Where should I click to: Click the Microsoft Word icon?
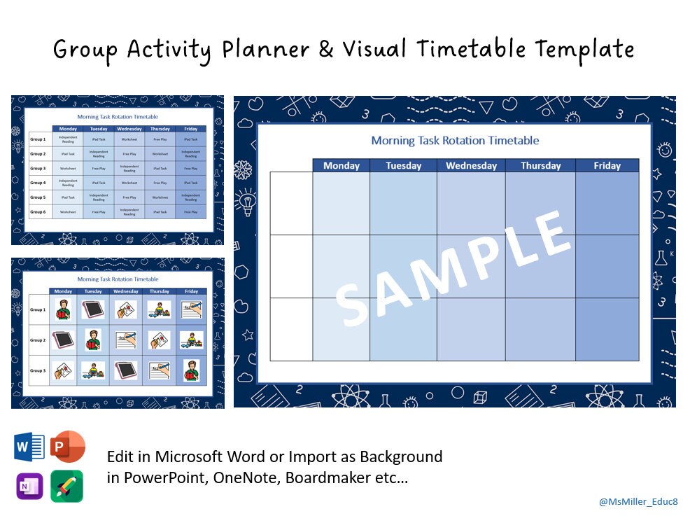click(29, 447)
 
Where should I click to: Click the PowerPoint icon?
click(67, 447)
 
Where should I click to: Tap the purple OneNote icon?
click(29, 485)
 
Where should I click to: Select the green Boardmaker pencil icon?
click(66, 485)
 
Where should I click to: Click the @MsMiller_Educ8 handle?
click(638, 502)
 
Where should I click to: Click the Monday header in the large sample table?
click(341, 166)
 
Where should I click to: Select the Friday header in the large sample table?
click(607, 166)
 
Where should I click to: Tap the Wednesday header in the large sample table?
click(471, 166)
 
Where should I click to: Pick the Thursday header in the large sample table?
click(540, 166)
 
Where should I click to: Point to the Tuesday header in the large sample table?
click(404, 166)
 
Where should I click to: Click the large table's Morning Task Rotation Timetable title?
click(455, 141)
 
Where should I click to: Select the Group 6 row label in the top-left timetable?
click(38, 211)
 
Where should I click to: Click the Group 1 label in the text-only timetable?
click(38, 139)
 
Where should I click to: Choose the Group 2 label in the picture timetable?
click(38, 340)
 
